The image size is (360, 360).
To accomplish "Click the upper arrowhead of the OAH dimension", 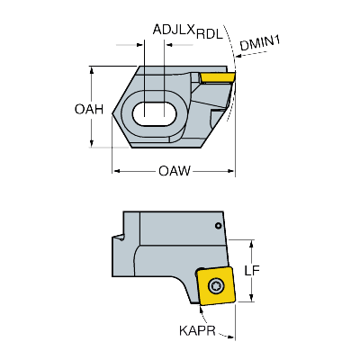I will [x=94, y=68].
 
